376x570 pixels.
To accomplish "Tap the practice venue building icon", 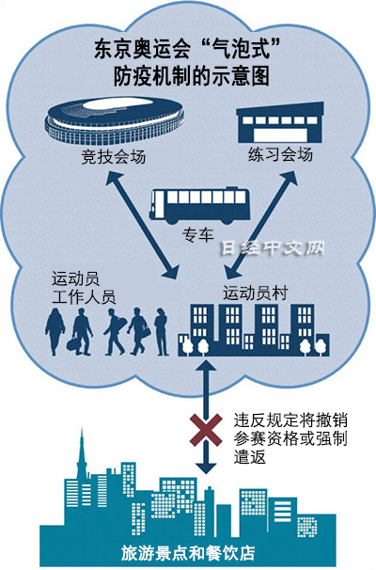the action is (x=280, y=123).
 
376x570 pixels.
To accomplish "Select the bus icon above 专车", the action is (x=200, y=205).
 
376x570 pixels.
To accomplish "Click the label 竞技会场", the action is (x=114, y=157).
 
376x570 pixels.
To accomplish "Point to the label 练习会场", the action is (x=281, y=153).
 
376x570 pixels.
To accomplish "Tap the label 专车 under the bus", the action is (x=198, y=235).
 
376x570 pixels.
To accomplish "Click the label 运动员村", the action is (x=256, y=293).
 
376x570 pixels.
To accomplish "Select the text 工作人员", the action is (x=84, y=297).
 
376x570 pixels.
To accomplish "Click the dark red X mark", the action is (x=206, y=430).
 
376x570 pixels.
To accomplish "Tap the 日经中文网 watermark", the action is (x=273, y=248).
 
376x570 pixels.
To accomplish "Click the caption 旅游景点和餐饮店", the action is (x=188, y=553).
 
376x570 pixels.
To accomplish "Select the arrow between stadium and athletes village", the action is (x=142, y=225).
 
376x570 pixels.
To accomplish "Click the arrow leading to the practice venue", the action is (x=261, y=225).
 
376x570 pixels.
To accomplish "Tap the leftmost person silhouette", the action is (x=55, y=331).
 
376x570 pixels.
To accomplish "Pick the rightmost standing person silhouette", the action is (x=161, y=331).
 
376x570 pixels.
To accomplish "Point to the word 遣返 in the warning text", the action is (x=250, y=456).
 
